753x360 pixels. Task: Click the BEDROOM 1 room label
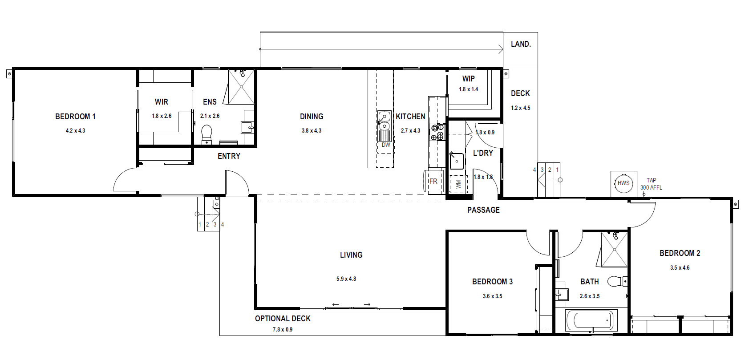coord(75,117)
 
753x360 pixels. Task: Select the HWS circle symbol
coord(623,183)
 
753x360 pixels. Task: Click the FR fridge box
coord(433,182)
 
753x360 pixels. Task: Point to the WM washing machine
coord(458,184)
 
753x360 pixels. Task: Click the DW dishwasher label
coord(386,145)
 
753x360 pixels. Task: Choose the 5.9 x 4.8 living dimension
coord(346,279)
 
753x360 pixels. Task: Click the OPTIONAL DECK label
coord(283,319)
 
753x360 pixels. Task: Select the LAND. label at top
coord(521,44)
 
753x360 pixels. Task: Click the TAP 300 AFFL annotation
coord(651,184)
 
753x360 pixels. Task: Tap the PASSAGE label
coord(483,210)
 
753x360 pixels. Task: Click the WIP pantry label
coord(469,79)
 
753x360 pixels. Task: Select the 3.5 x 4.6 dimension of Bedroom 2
coord(680,268)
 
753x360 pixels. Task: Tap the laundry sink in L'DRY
coord(457,162)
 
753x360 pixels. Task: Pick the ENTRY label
coord(229,156)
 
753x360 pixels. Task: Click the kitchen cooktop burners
coord(437,132)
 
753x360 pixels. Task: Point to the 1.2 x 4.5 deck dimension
coord(520,108)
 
